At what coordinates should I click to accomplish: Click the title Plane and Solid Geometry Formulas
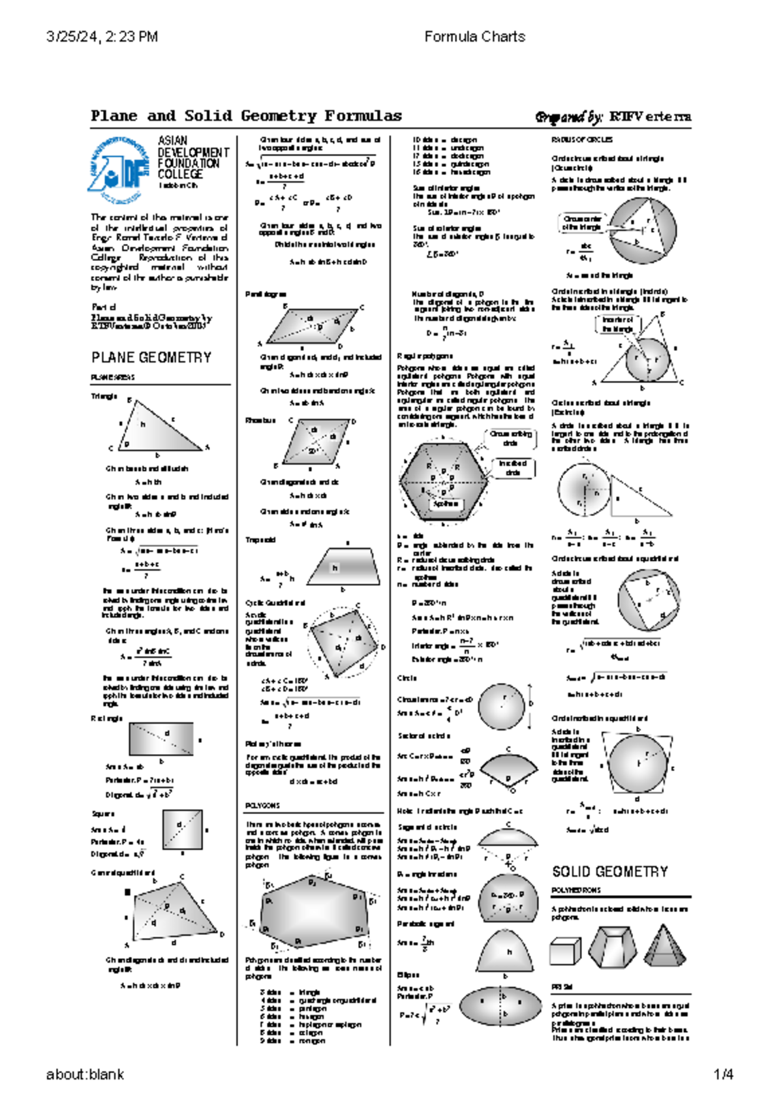coord(246,116)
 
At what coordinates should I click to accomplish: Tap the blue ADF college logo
coord(119,168)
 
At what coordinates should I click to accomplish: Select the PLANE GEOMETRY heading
coord(151,357)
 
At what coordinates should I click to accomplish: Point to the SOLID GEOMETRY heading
coord(610,872)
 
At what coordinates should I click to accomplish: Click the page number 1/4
coord(724,1074)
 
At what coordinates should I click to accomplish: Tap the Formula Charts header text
coord(474,37)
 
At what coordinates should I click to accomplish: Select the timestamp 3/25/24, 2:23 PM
coord(102,37)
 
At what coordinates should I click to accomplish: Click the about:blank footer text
coord(85,1074)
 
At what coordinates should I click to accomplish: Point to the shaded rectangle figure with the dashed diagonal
coord(161,739)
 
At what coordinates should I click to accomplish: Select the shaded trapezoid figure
coord(344,568)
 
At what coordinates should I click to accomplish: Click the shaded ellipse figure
coord(500,1005)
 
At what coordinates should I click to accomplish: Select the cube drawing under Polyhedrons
coord(565,951)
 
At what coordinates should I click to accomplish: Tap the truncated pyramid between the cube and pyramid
coord(613,946)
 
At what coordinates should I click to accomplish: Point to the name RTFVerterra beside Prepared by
coord(650,117)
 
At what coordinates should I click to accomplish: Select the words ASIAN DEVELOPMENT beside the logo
coord(193,146)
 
